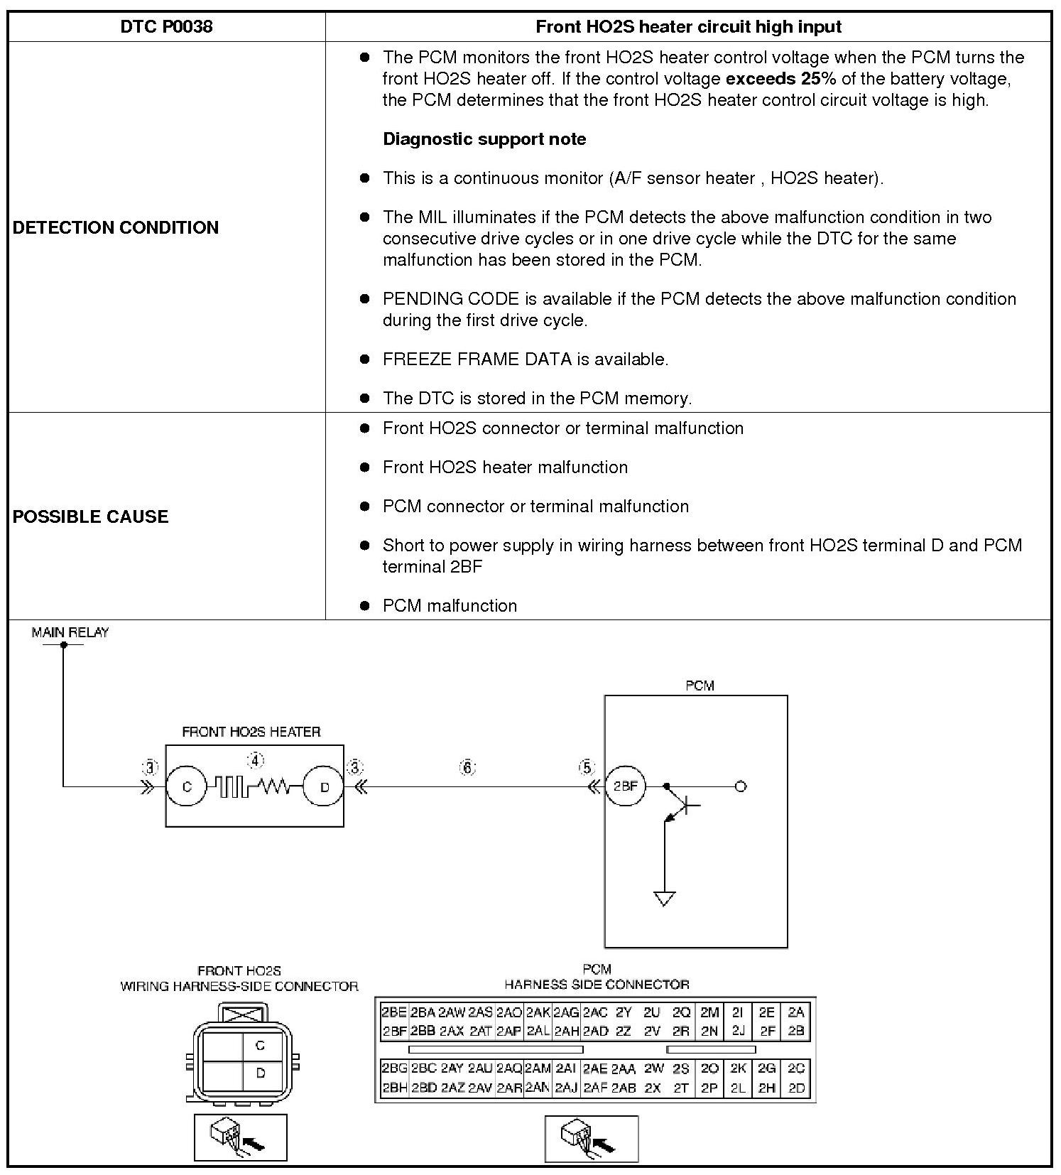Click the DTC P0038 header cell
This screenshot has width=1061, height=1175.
click(166, 27)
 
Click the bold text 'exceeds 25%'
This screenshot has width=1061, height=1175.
click(780, 78)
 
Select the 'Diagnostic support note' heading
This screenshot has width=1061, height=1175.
click(484, 139)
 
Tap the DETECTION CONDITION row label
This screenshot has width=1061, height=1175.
click(116, 227)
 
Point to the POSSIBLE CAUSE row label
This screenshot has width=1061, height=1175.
click(90, 516)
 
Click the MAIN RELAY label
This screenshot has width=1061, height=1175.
click(70, 632)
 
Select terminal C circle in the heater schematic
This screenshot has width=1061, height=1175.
click(187, 786)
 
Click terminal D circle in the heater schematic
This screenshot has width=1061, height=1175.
click(325, 786)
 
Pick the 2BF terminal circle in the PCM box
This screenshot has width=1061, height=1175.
click(625, 786)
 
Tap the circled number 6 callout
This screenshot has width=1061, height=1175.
click(467, 767)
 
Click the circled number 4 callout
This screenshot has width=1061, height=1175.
click(255, 761)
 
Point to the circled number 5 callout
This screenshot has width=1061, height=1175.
click(587, 767)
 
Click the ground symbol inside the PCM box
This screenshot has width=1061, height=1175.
click(664, 899)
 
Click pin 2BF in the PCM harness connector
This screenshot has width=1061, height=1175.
click(394, 1031)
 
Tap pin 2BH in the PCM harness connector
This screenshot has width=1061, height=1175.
click(394, 1087)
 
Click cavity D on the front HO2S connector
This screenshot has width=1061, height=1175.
click(260, 1073)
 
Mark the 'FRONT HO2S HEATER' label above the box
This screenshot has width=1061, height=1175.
click(251, 732)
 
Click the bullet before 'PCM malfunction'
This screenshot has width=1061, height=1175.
click(365, 605)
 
